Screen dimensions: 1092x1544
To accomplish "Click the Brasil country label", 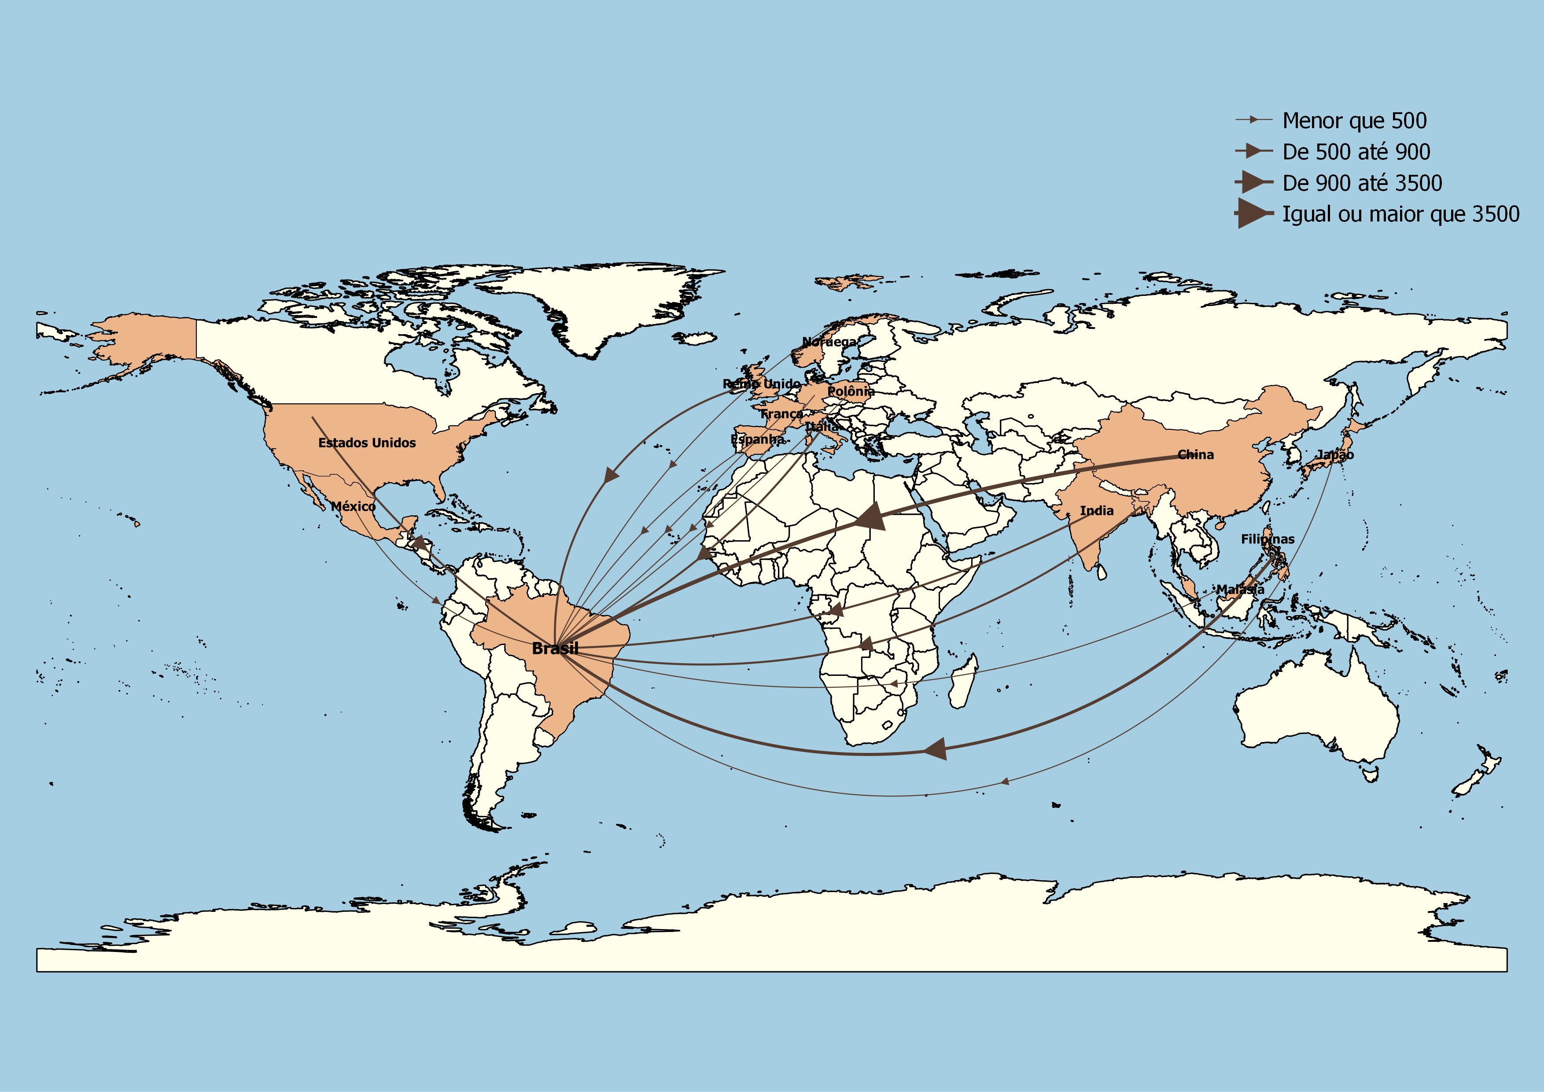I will (x=555, y=648).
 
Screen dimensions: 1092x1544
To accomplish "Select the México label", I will (x=353, y=506).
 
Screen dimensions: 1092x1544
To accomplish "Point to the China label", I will (x=1196, y=454).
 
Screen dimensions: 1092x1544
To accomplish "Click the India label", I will (x=1096, y=510).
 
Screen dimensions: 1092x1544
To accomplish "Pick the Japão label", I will (x=1335, y=454).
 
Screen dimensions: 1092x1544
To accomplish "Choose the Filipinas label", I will (x=1267, y=539).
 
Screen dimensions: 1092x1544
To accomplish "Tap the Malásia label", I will (x=1240, y=589).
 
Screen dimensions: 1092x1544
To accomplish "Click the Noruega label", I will (x=829, y=342).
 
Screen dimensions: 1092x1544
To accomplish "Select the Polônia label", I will (x=851, y=391).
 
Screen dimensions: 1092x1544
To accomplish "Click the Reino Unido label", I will (x=761, y=383).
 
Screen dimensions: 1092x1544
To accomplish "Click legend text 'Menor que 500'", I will (x=1354, y=120).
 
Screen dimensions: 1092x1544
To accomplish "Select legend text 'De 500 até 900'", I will (x=1356, y=152).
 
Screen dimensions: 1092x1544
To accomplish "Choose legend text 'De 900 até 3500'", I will (x=1362, y=183).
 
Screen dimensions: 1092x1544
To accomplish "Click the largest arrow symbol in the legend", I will (x=1252, y=213).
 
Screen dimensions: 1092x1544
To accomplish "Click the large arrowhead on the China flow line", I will (x=872, y=517).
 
